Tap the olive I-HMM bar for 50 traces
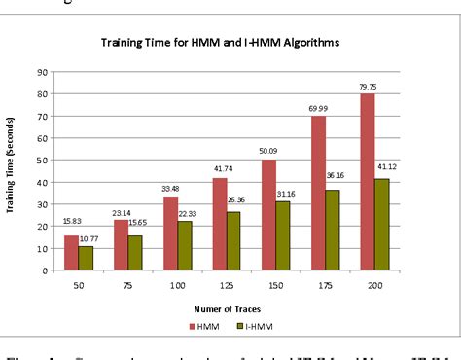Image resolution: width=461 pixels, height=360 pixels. (86, 259)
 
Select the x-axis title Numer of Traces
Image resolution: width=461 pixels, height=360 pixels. (232, 309)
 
